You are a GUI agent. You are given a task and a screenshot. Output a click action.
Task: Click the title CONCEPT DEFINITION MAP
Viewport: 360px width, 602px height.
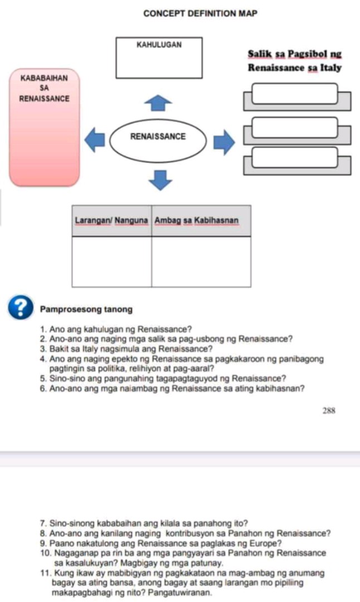pos(200,13)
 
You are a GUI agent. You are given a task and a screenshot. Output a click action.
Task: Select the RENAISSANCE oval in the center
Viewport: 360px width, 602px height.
pos(158,136)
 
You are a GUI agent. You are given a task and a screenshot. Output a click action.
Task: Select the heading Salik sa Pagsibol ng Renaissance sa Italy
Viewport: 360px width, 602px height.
pos(294,61)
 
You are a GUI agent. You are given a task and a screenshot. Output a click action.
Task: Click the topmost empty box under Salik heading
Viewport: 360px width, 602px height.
pos(295,93)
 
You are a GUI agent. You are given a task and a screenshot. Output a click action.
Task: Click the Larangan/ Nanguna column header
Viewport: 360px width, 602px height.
pos(111,221)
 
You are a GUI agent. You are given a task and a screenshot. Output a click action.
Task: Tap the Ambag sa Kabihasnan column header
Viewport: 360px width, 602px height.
pos(197,221)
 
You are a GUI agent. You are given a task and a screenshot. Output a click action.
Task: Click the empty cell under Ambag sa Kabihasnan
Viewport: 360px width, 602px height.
pos(201,262)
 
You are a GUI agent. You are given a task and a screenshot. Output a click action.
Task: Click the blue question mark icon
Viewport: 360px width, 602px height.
pos(21,307)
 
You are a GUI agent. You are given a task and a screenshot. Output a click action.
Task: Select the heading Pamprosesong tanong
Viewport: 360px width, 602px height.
pos(86,309)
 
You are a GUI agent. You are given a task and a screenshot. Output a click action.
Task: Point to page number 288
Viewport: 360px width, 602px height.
pos(329,410)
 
